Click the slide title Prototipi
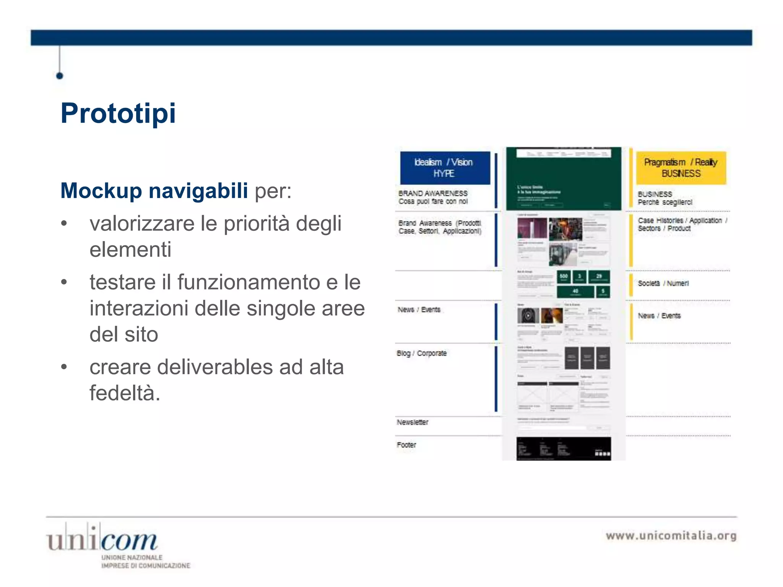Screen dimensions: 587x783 pyautogui.click(x=118, y=113)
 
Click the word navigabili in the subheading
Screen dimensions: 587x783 pyautogui.click(x=198, y=190)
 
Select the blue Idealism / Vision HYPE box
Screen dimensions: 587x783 pyautogui.click(x=445, y=168)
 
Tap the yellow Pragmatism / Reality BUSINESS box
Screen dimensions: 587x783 pyautogui.click(x=681, y=168)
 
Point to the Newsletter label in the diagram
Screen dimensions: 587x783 pyautogui.click(x=412, y=422)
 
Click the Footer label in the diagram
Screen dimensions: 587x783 pyautogui.click(x=406, y=445)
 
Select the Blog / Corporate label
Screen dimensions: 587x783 pyautogui.click(x=421, y=353)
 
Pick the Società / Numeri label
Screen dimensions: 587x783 pyautogui.click(x=663, y=283)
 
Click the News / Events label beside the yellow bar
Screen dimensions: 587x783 pyautogui.click(x=659, y=316)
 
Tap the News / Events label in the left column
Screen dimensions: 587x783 pyautogui.click(x=419, y=310)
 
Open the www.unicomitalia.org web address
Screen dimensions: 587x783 pyautogui.click(x=671, y=536)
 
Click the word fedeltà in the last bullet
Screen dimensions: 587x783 pyautogui.click(x=125, y=393)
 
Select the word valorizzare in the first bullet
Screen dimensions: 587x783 pyautogui.click(x=142, y=224)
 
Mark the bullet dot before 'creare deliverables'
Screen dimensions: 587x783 pyautogui.click(x=64, y=367)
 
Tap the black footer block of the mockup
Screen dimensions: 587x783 pyautogui.click(x=564, y=448)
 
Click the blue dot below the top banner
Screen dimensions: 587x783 pyautogui.click(x=60, y=76)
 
